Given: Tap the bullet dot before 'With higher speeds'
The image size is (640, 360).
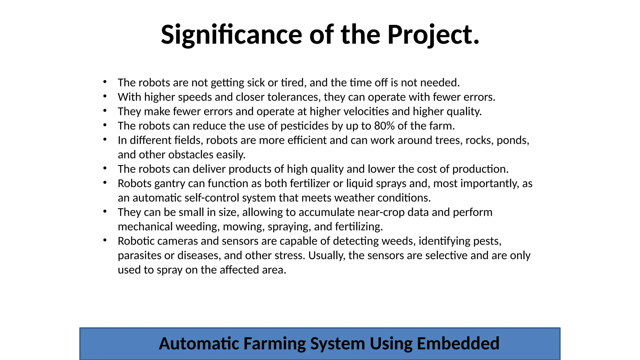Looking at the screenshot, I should pos(105,97).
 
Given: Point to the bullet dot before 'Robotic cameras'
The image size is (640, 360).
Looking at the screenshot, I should pos(105,240).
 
